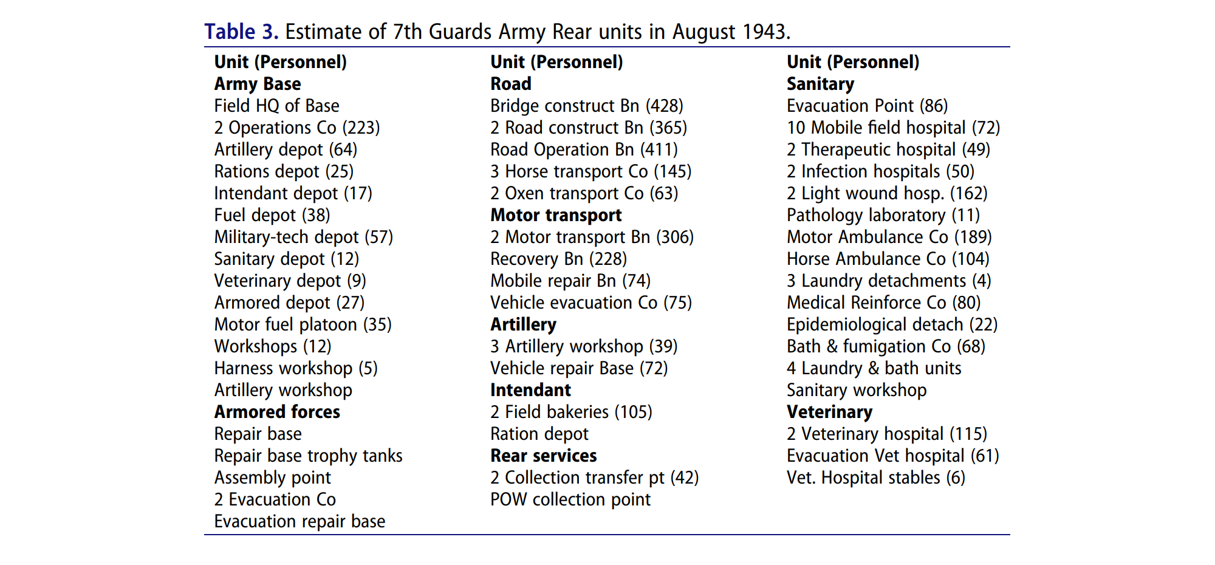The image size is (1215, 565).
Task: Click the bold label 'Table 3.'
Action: click(241, 32)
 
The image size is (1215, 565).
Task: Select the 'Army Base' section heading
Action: click(258, 84)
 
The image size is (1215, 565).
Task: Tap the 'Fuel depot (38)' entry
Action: click(272, 215)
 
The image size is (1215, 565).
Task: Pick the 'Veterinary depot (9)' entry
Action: click(290, 281)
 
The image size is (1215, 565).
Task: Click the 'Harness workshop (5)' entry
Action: click(296, 368)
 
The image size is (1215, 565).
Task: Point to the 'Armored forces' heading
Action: click(277, 412)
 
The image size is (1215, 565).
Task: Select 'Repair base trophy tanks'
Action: click(308, 456)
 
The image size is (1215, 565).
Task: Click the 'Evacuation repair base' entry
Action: click(299, 521)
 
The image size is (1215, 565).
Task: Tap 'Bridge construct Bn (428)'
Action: click(586, 106)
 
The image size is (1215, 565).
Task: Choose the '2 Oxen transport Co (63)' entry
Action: click(584, 193)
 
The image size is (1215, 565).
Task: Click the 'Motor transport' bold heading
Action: click(556, 215)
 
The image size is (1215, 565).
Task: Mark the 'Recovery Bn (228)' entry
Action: click(558, 259)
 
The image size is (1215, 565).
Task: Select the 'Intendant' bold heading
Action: click(530, 390)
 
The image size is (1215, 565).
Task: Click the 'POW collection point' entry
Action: click(570, 499)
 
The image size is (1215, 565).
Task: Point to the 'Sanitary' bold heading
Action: click(820, 84)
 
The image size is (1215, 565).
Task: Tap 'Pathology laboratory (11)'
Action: click(883, 215)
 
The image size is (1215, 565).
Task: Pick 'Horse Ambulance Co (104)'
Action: click(888, 259)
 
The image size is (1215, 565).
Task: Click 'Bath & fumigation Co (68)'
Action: click(886, 346)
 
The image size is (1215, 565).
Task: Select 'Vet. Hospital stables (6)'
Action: click(875, 478)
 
